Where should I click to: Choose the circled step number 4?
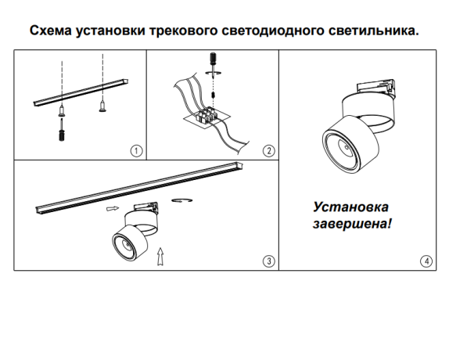[x=426, y=261]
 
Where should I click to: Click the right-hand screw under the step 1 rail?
[x=102, y=104]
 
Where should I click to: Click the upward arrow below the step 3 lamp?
[x=161, y=255]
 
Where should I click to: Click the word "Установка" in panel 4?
[x=350, y=208]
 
